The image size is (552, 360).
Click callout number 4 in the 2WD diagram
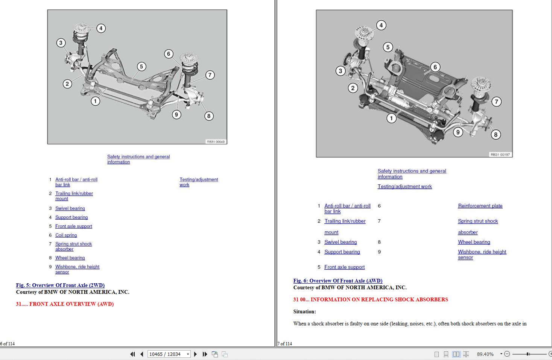(101, 28)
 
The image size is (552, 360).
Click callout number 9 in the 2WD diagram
(176, 114)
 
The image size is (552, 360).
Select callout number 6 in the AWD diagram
(435, 67)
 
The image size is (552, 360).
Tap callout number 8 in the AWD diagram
(496, 134)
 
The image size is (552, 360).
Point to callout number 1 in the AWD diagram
(391, 118)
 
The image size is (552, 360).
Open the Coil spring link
(66, 235)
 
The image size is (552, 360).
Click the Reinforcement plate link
(480, 206)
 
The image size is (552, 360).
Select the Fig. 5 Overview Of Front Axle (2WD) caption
(60, 285)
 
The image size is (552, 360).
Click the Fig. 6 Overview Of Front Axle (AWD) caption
(338, 281)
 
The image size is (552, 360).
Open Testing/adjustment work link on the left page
(198, 182)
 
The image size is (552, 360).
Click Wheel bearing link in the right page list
(474, 242)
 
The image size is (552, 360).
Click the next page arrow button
(195, 354)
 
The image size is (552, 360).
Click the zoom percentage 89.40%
(485, 354)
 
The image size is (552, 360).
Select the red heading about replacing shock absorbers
(371, 299)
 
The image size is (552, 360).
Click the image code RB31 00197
(500, 154)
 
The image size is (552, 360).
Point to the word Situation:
(304, 311)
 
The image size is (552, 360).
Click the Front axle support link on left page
(73, 226)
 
